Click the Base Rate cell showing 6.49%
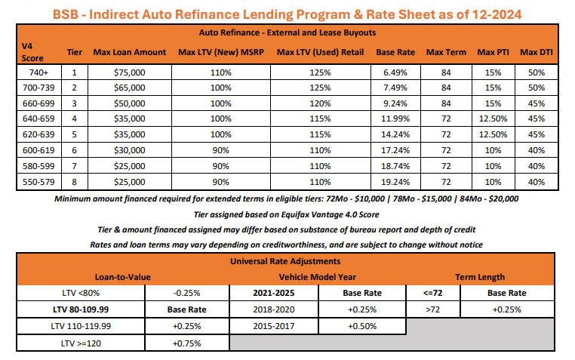395,72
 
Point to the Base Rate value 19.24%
395,182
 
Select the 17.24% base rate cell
395,151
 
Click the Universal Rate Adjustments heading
287,262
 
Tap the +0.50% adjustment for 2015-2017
362,326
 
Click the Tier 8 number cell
74,182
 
